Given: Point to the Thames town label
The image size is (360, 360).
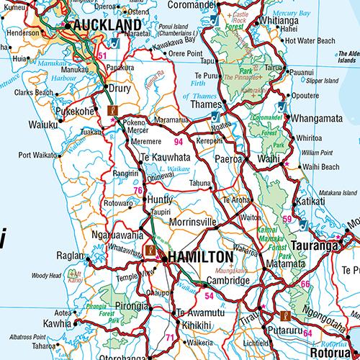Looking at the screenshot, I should [x=205, y=104].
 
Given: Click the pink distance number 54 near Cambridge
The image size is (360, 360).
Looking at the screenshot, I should [x=210, y=296].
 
